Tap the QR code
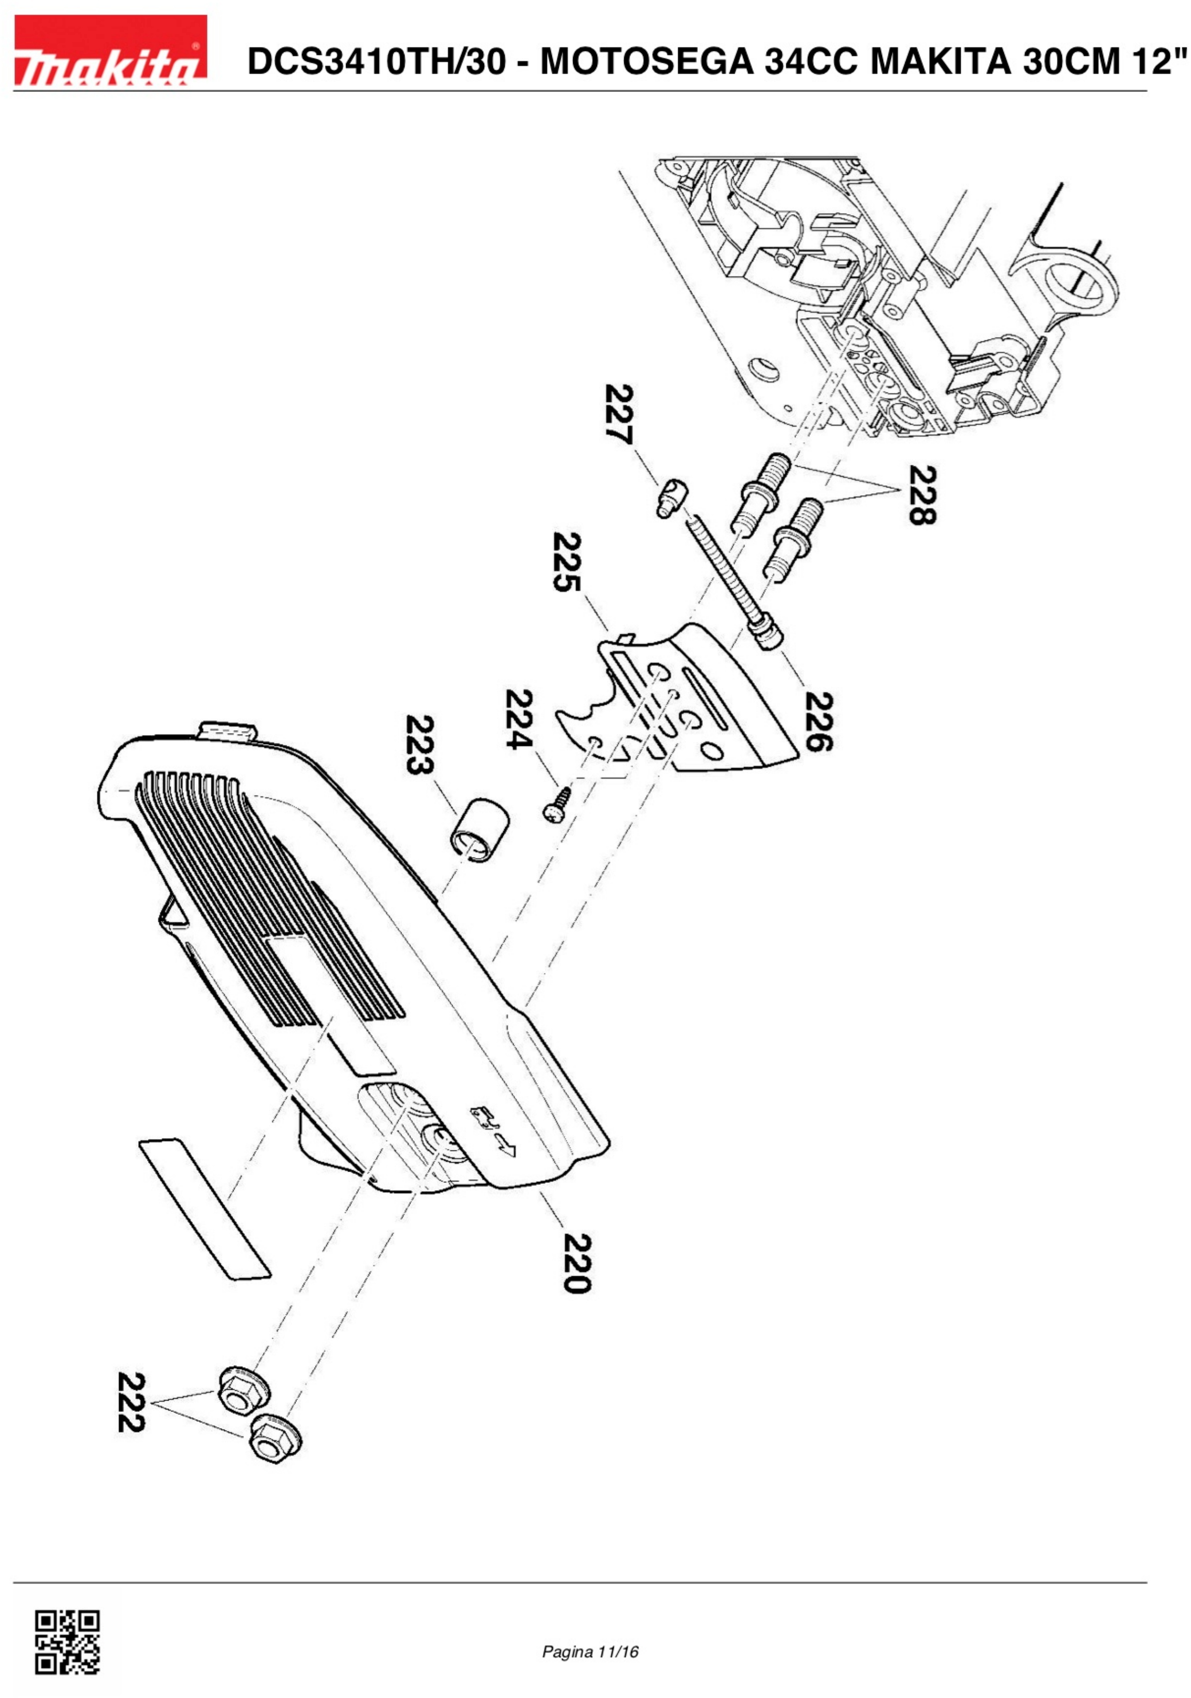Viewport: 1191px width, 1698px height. [67, 1642]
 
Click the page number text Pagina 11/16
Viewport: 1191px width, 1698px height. [590, 1652]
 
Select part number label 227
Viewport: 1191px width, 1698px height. [619, 414]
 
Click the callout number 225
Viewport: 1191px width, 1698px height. [567, 562]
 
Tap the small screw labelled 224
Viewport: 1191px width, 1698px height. [558, 804]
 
